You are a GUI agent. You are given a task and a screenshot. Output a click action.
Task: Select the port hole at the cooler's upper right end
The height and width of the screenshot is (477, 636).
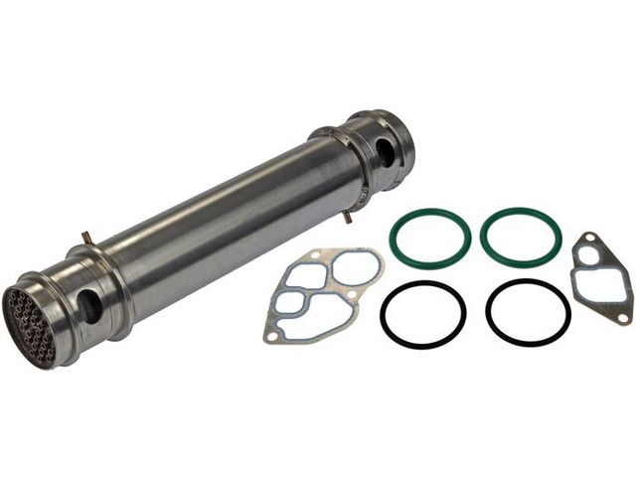click(x=384, y=151)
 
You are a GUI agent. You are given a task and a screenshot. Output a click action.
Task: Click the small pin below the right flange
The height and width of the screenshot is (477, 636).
click(x=348, y=215)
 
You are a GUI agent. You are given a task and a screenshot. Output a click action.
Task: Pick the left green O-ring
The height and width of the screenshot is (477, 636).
click(x=429, y=237)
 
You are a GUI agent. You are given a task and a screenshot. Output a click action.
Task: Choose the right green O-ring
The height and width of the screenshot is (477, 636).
click(x=521, y=237)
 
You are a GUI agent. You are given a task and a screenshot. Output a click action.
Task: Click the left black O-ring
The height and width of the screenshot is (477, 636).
click(x=422, y=314)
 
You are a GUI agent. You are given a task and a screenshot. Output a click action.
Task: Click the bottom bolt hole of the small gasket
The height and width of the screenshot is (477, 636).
click(x=623, y=317)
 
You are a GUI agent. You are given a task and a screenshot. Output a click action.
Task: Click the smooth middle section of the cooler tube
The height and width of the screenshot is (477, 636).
click(x=229, y=219)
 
